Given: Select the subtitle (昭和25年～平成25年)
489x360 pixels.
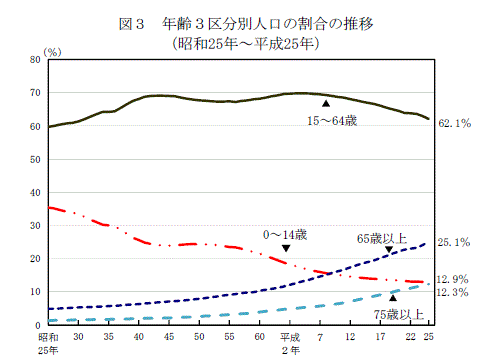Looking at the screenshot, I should click(244, 44).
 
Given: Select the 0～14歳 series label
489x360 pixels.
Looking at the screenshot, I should click(285, 234).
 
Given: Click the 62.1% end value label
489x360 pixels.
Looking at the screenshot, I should click(455, 124).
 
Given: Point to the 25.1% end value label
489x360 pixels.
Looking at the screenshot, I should click(455, 243).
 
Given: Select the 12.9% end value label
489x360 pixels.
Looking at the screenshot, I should click(455, 279).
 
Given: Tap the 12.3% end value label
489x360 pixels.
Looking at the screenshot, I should click(455, 292).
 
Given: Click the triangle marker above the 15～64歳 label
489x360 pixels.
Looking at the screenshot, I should click(325, 103).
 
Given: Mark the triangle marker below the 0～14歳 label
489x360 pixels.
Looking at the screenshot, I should click(287, 249).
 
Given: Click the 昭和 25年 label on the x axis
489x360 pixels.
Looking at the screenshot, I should click(48, 343).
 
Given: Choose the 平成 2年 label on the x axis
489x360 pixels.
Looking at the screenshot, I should click(290, 343).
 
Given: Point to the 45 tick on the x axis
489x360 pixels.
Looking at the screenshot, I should click(169, 337).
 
